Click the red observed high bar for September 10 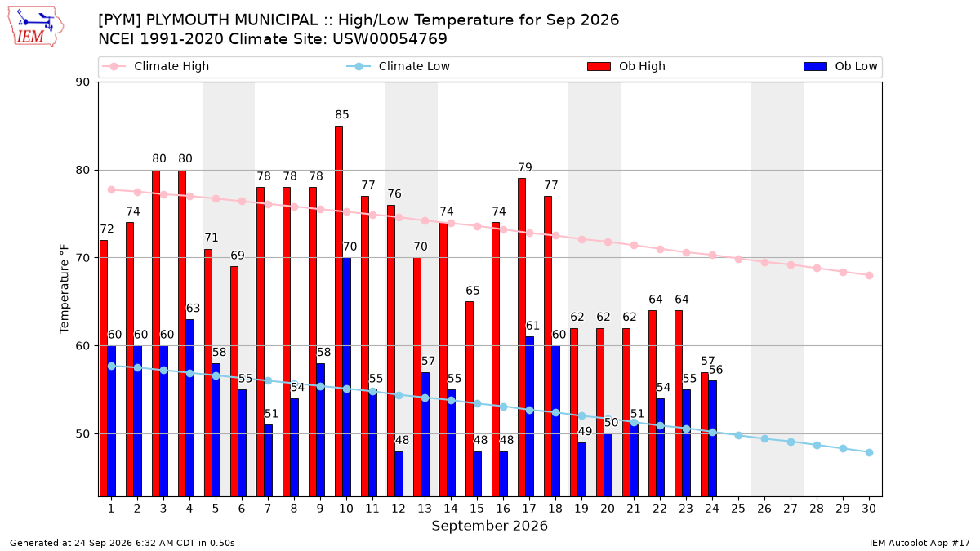(x=339, y=311)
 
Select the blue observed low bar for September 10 (x=346, y=377)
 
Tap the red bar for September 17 (x=522, y=337)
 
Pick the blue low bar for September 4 (x=189, y=408)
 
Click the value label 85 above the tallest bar (x=342, y=114)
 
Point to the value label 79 (x=525, y=167)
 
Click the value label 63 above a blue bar (x=193, y=309)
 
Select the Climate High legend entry (x=155, y=66)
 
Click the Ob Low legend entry (x=840, y=66)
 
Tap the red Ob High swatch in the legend (x=599, y=66)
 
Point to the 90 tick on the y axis (x=82, y=82)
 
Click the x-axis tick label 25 (x=738, y=509)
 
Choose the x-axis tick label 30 (x=869, y=509)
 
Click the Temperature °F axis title (x=65, y=289)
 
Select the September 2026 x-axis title (x=489, y=526)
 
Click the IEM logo (x=36, y=27)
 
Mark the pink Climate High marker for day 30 (x=869, y=276)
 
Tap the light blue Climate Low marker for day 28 (x=817, y=445)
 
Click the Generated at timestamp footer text (x=122, y=543)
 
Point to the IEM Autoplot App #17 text (x=920, y=543)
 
